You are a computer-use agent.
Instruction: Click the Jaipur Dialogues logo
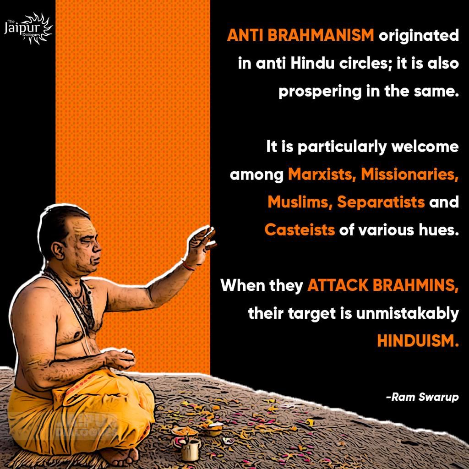coord(28,29)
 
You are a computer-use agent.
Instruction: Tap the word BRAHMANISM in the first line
coord(321,35)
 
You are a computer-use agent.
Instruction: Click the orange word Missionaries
coord(409,174)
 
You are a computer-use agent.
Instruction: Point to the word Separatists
coord(381,202)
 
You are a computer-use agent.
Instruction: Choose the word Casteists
coord(300,230)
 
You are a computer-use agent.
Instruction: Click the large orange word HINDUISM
coord(418,341)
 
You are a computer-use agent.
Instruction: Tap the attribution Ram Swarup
coord(422,397)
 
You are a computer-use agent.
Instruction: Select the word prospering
coord(320,92)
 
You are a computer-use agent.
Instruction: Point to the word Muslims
coord(300,202)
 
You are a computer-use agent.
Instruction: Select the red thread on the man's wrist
coord(188,266)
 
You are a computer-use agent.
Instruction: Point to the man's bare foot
coord(120,457)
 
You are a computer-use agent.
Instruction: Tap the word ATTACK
coord(338,285)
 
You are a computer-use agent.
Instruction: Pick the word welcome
coord(425,147)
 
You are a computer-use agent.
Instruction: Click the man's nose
coord(97,247)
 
